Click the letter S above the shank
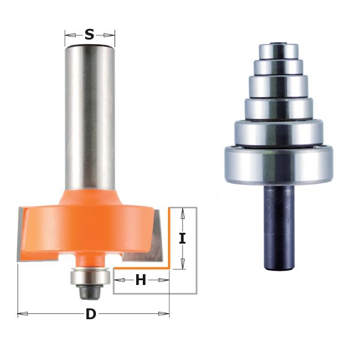point(89,35)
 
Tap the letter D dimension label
point(91,314)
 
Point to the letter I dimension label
point(182,238)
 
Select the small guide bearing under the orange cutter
point(89,277)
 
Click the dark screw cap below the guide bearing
point(89,292)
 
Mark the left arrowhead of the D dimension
point(20,313)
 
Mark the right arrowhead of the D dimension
point(166,313)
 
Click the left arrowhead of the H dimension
point(115,280)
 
